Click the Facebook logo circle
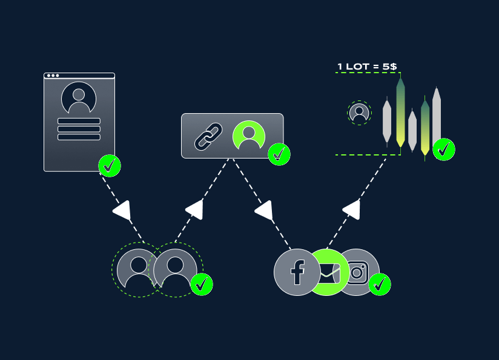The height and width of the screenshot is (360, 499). (297, 272)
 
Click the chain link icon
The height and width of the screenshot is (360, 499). (208, 136)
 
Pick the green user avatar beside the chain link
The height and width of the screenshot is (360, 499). (249, 136)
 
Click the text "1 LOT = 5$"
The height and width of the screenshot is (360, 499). (367, 67)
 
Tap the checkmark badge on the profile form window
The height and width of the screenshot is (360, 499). (110, 166)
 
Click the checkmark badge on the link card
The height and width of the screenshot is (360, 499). (279, 154)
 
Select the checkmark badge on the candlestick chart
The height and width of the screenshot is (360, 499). (444, 149)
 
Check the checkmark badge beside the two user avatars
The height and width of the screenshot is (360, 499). (202, 284)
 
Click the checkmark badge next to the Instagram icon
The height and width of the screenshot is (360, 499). (380, 284)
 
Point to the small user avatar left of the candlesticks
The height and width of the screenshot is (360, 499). (359, 113)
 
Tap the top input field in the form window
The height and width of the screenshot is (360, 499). (79, 121)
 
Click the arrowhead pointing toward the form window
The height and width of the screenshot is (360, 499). (122, 210)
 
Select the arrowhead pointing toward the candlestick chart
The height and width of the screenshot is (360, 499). (352, 209)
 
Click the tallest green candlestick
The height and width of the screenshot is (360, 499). (400, 112)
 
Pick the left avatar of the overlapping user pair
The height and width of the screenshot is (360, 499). (139, 270)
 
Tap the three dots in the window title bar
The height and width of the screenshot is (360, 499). (53, 76)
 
